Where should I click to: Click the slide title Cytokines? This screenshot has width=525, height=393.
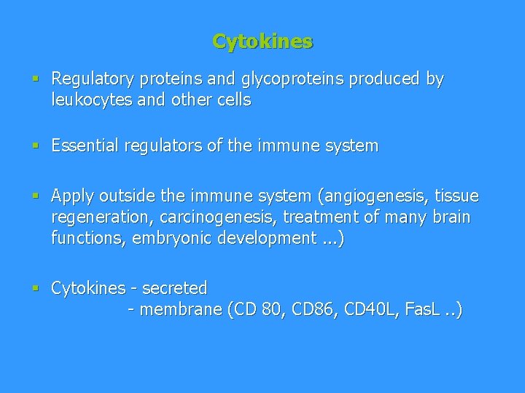tap(262, 41)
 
